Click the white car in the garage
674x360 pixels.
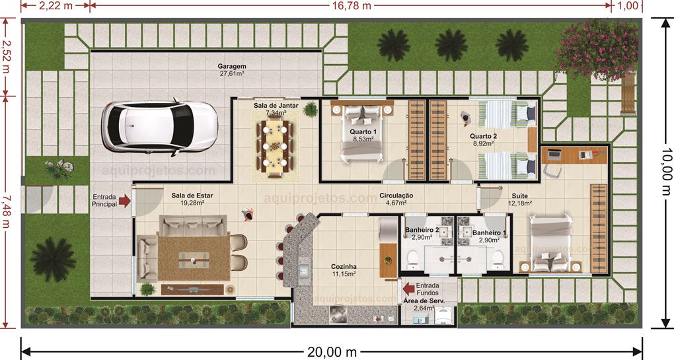point(159,126)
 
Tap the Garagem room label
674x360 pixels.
point(232,66)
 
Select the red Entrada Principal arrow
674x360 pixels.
point(125,201)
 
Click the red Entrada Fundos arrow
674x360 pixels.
point(409,288)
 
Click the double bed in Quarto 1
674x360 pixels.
point(361,132)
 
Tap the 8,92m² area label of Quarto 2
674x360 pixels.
point(483,143)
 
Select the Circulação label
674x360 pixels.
point(396,196)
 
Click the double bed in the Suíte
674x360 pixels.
point(550,243)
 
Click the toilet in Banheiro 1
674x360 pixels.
point(498,260)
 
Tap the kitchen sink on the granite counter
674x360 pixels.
point(303,271)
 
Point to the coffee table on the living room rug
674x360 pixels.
point(194,260)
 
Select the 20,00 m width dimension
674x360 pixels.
point(332,352)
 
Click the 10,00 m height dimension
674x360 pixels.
point(666,172)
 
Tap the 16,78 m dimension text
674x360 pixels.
point(351,5)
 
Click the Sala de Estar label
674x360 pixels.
point(192,196)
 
